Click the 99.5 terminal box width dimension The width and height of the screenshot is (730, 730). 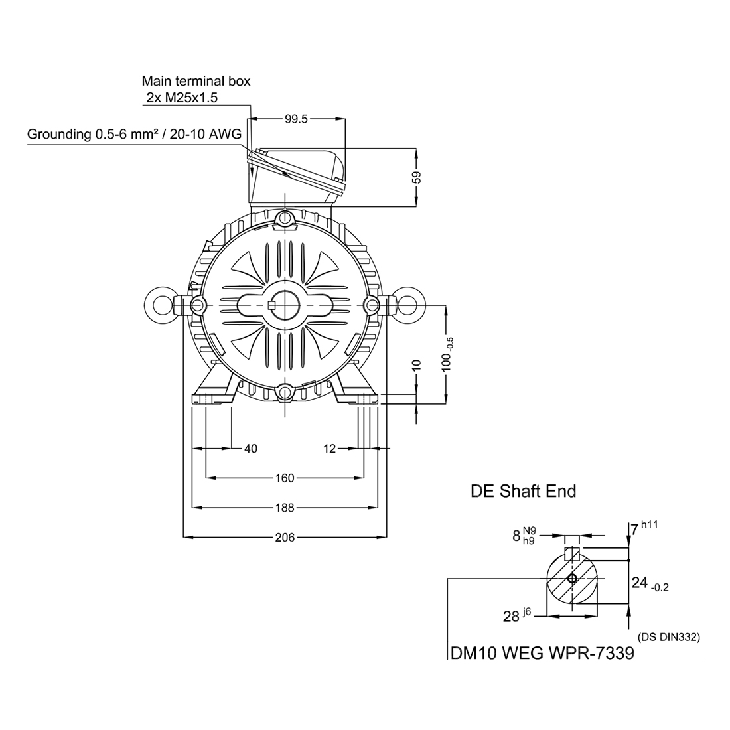click(297, 120)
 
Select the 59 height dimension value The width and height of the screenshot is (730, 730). click(417, 178)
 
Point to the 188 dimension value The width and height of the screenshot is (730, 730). click(284, 507)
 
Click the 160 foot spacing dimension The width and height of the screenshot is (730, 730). click(284, 478)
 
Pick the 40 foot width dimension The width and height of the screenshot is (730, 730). click(250, 449)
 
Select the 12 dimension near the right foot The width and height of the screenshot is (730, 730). click(330, 449)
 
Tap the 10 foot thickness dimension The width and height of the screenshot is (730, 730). click(417, 365)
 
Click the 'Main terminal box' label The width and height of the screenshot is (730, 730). click(196, 82)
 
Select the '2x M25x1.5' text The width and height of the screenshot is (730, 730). click(183, 98)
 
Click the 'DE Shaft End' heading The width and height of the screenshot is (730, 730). click(523, 491)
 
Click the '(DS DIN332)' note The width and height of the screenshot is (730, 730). click(669, 637)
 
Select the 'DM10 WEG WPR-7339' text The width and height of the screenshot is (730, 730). click(542, 652)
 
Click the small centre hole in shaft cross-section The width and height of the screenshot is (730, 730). click(572, 579)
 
